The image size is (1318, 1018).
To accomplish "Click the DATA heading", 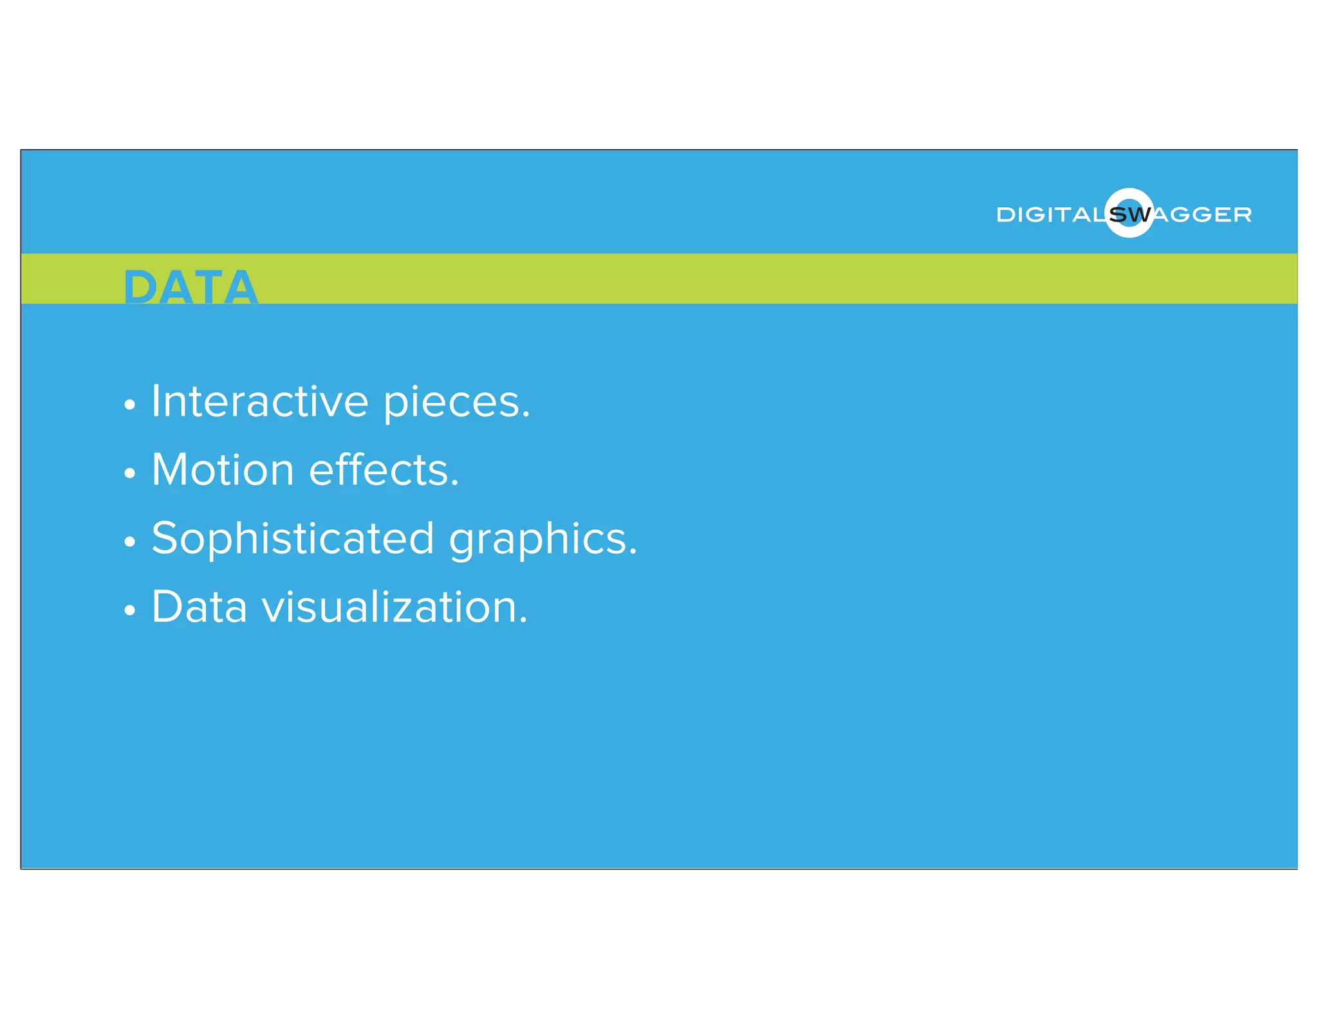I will click(x=190, y=287).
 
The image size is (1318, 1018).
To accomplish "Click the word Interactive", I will click(x=260, y=402).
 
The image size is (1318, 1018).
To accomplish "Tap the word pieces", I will click(x=452, y=404).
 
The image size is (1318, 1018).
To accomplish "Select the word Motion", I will click(x=223, y=470).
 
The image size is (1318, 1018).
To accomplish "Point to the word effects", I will click(x=380, y=470).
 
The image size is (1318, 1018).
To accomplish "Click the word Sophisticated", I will click(x=293, y=539).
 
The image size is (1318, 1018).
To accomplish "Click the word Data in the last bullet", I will click(x=199, y=607).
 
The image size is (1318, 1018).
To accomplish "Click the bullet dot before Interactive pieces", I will click(x=130, y=405).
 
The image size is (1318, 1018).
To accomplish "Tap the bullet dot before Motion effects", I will click(x=130, y=474).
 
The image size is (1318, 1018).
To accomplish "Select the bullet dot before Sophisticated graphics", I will click(x=130, y=542).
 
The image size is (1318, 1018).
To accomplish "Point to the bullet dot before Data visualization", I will click(x=130, y=610).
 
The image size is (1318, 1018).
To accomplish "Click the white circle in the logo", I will click(x=1129, y=196).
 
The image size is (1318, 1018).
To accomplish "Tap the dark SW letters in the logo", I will click(x=1130, y=215).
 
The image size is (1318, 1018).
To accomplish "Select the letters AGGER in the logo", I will click(x=1202, y=215).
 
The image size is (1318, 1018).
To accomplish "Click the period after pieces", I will click(x=526, y=416).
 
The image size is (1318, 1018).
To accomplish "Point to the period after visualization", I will click(x=523, y=622).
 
